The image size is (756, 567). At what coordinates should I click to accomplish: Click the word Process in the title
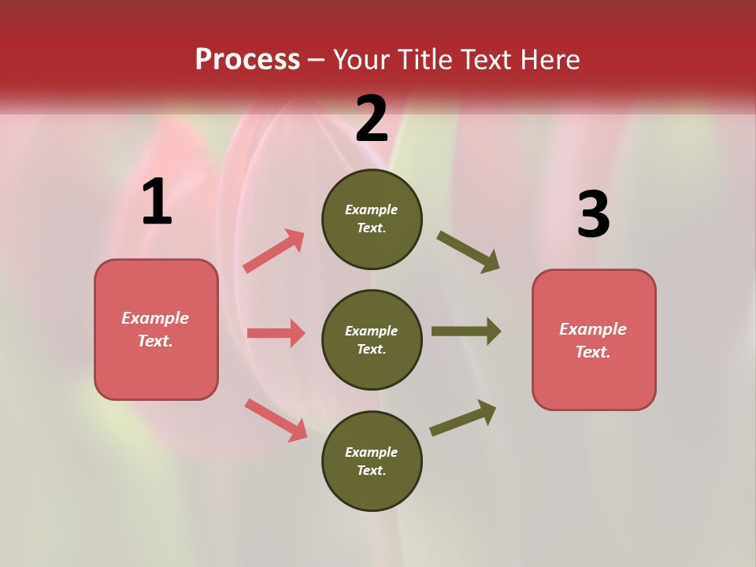247,60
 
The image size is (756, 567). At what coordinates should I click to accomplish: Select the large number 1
157,202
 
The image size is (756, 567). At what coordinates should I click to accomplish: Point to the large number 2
372,119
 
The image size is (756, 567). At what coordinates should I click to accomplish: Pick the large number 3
593,214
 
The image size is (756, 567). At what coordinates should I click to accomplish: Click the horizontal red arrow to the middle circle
276,333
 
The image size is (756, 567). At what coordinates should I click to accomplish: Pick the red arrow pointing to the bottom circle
276,420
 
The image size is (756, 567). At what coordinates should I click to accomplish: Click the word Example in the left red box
155,318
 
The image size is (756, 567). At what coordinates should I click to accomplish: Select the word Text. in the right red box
593,352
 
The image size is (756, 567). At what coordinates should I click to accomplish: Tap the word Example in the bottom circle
372,452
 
